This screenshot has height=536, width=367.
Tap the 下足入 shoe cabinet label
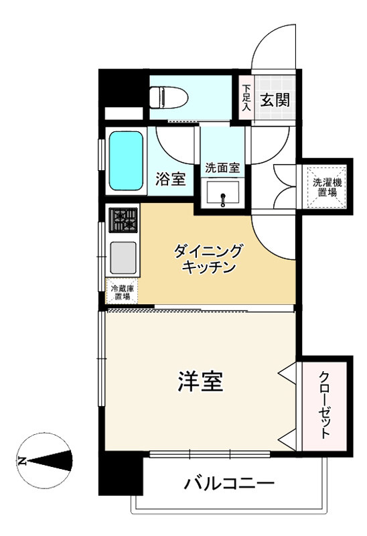pyautogui.click(x=246, y=97)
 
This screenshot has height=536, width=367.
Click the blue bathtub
pyautogui.click(x=126, y=161)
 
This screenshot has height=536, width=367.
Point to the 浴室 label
pyautogui.click(x=171, y=180)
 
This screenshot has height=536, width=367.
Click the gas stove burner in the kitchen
pyautogui.click(x=124, y=219)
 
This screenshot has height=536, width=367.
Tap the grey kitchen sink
pyautogui.click(x=124, y=255)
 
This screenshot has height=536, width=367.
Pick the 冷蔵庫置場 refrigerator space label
pyautogui.click(x=123, y=292)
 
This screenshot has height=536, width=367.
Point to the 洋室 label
pyautogui.click(x=200, y=382)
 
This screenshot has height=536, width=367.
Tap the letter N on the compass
pyautogui.click(x=21, y=461)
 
